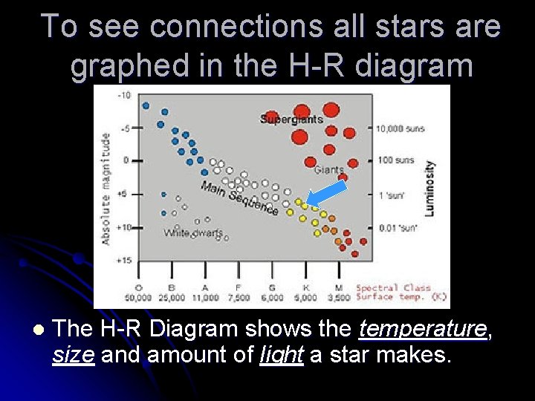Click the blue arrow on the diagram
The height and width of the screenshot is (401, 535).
point(327,194)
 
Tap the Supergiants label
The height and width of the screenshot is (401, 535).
point(291,119)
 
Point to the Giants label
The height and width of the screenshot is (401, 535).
point(328,170)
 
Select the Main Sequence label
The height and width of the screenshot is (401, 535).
point(239,198)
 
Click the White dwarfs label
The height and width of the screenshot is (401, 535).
point(192,233)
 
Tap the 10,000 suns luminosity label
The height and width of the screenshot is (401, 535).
point(401,128)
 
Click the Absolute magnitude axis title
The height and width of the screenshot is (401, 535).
point(106,189)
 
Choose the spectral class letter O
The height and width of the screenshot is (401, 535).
point(138,287)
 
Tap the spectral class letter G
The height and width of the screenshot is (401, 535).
point(272,287)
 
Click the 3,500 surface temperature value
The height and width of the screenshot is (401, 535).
point(340,297)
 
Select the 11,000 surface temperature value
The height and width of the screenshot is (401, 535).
point(205,297)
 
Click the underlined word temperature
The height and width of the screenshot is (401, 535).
point(422,329)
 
